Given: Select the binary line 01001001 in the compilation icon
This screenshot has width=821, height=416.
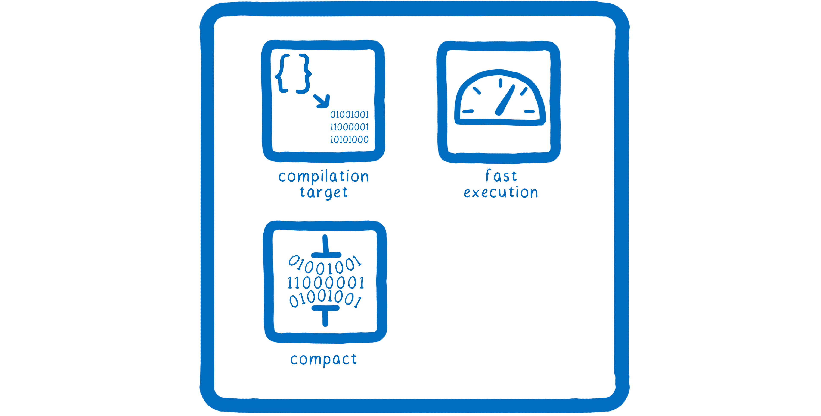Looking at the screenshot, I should (x=349, y=115).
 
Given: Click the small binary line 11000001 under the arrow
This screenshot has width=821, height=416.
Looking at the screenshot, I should (x=349, y=127).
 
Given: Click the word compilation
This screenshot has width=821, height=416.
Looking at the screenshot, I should (x=323, y=176).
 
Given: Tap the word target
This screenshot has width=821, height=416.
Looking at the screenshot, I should (x=323, y=192).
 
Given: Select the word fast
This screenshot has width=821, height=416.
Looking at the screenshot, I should (x=501, y=176).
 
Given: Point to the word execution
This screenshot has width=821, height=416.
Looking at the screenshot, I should (x=501, y=193).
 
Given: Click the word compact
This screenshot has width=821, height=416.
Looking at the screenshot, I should (x=323, y=359).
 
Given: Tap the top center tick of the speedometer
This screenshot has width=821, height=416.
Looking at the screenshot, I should (x=500, y=83).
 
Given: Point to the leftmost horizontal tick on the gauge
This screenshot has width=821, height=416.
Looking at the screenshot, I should (x=468, y=111).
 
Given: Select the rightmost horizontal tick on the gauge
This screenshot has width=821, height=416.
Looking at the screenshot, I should (x=529, y=111).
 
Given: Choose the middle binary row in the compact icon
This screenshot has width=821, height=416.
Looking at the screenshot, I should (x=325, y=283).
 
